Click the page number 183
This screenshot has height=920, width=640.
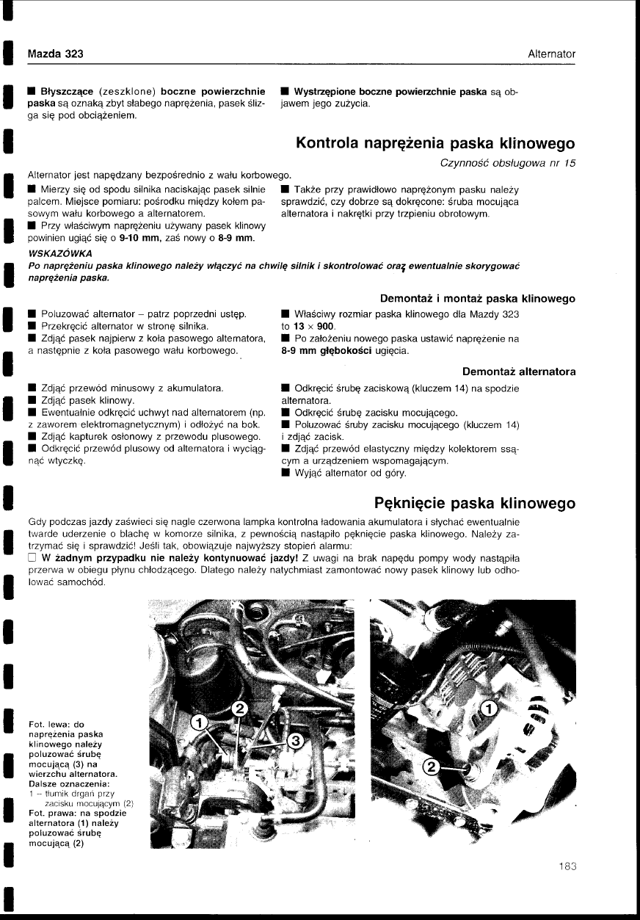pos(567,866)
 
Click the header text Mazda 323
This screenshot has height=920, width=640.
pos(55,54)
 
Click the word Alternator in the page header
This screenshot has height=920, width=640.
pos(551,54)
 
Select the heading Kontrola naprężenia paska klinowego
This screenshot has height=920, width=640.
pos(435,142)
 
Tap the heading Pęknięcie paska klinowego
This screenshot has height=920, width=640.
pos(475,504)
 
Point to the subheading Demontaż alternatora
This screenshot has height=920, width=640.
pos(520,372)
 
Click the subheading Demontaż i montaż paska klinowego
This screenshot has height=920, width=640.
pos(478,298)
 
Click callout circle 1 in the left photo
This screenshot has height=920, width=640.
pos(197,722)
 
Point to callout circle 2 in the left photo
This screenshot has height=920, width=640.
pos(239,708)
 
